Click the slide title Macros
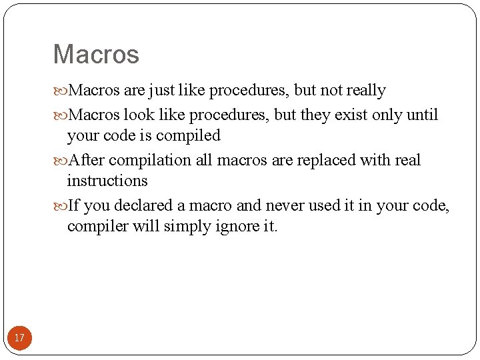point(96,54)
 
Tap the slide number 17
point(19,338)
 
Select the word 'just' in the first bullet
point(162,90)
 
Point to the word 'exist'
point(350,115)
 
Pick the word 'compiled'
point(188,135)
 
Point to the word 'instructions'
point(107,181)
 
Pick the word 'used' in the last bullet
point(323,205)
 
